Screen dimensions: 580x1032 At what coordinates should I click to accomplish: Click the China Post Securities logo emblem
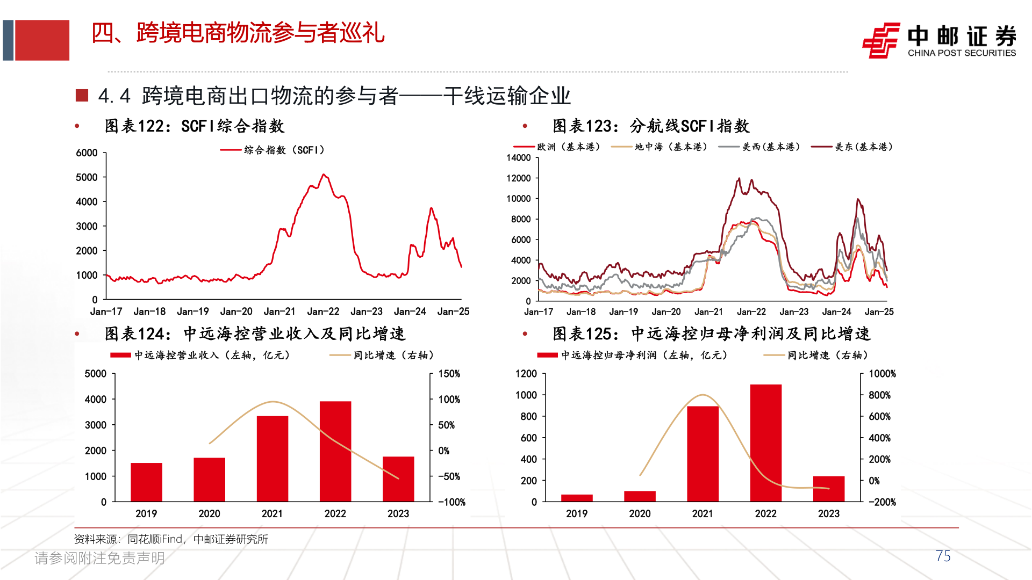tap(881, 40)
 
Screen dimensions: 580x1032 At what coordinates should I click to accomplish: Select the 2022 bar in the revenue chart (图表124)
tap(335, 451)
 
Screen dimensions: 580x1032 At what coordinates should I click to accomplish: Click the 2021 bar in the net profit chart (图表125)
tap(703, 454)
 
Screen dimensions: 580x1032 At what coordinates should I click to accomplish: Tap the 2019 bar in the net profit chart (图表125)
tap(577, 498)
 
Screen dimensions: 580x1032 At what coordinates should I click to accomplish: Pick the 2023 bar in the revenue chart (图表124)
tap(398, 479)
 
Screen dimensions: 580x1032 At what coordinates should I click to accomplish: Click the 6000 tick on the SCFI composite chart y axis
tap(87, 153)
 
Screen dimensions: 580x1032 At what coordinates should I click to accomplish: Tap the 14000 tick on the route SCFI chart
tap(519, 158)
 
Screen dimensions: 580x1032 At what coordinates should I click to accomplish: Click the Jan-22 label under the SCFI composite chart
tap(323, 311)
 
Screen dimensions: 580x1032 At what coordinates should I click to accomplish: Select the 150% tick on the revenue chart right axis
tap(449, 374)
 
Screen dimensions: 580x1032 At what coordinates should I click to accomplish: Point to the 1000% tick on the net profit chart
tap(882, 374)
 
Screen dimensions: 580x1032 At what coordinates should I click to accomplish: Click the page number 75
tap(943, 556)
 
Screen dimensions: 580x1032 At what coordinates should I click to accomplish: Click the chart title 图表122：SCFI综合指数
tap(194, 126)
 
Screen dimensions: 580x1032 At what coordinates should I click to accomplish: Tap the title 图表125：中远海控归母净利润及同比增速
tap(712, 334)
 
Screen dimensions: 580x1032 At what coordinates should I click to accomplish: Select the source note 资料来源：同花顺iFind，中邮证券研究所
tap(171, 539)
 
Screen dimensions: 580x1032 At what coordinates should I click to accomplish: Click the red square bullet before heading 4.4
tap(82, 96)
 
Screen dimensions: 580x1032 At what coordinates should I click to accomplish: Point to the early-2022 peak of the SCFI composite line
tap(324, 175)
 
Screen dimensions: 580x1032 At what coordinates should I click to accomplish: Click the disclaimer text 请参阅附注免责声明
tap(99, 559)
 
